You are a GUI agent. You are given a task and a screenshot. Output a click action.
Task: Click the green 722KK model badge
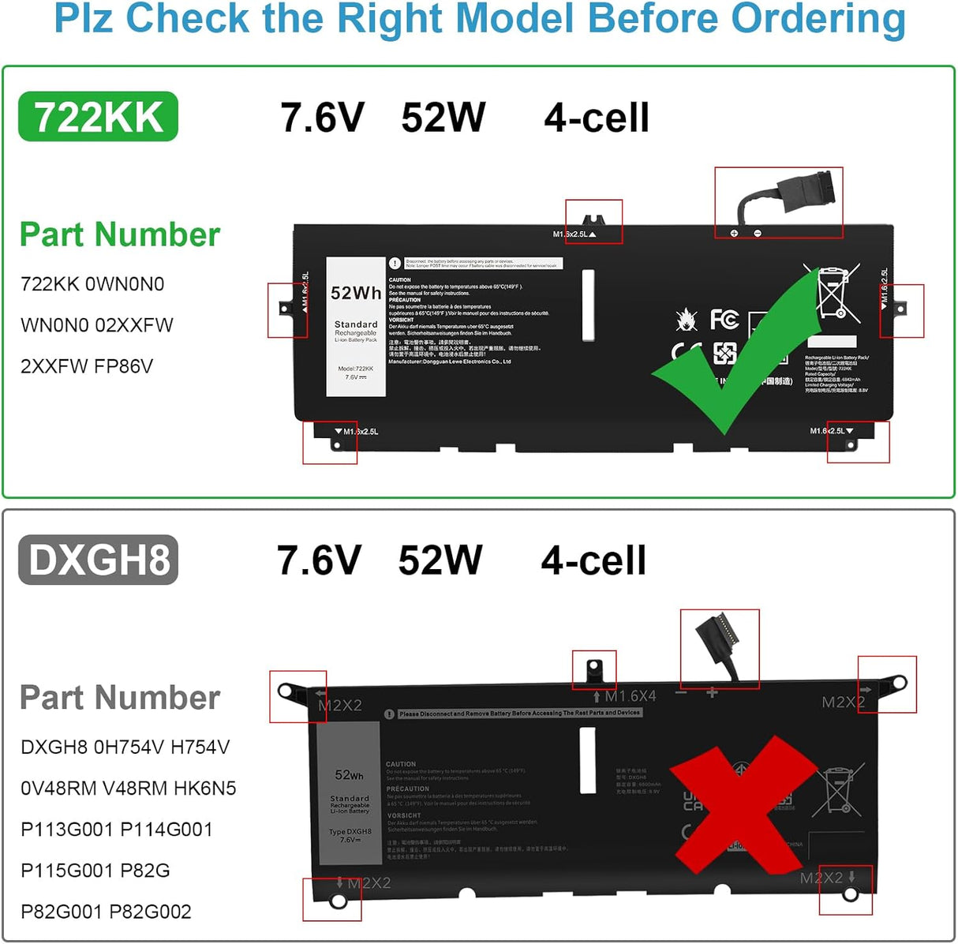98,117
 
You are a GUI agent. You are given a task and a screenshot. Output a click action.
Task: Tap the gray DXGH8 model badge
98,560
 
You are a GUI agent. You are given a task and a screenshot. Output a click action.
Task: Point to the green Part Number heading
120,234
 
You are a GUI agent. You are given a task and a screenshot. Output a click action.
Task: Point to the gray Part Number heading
120,698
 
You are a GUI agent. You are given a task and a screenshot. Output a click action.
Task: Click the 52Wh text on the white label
356,293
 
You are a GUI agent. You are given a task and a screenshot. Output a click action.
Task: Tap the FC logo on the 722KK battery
724,319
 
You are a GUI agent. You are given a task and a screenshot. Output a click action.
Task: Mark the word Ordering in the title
818,19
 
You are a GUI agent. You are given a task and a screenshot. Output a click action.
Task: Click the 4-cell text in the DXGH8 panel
593,560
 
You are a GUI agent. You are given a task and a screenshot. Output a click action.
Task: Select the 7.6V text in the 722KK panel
322,118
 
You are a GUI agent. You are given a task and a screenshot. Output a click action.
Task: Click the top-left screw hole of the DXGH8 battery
285,691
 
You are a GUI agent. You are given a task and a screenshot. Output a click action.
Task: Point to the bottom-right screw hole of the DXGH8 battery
850,895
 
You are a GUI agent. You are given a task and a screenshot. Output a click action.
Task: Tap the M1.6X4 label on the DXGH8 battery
630,696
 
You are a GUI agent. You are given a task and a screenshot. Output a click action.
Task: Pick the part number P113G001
67,830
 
